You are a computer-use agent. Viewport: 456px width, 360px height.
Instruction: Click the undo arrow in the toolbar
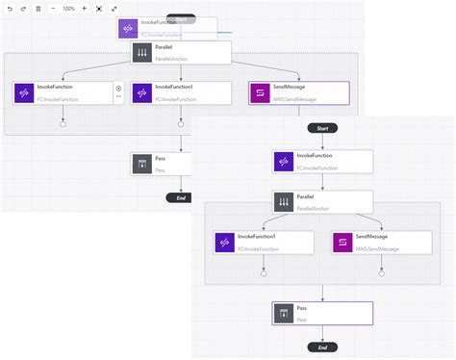[10, 8]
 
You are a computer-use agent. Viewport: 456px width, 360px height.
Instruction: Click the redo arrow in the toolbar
[23, 8]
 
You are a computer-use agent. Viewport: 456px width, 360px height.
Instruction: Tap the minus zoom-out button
[52, 8]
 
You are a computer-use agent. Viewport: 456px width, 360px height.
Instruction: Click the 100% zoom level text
[68, 8]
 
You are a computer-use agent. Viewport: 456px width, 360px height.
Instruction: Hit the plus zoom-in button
[84, 8]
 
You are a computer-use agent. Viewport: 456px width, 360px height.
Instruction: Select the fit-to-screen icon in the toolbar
[99, 8]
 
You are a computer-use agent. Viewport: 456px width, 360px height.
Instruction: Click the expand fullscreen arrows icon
[114, 8]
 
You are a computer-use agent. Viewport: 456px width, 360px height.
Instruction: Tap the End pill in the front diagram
[321, 347]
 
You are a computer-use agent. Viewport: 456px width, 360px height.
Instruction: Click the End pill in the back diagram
[176, 197]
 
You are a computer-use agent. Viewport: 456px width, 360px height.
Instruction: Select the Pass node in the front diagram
[321, 314]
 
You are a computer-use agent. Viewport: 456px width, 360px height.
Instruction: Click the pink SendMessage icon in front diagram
[343, 243]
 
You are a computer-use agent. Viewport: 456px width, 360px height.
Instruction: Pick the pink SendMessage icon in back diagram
[261, 92]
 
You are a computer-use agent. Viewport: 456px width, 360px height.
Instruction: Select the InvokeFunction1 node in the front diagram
[263, 243]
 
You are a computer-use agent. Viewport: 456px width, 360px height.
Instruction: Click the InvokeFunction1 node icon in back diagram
[142, 92]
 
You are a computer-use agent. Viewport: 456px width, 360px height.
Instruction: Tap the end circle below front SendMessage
[381, 272]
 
